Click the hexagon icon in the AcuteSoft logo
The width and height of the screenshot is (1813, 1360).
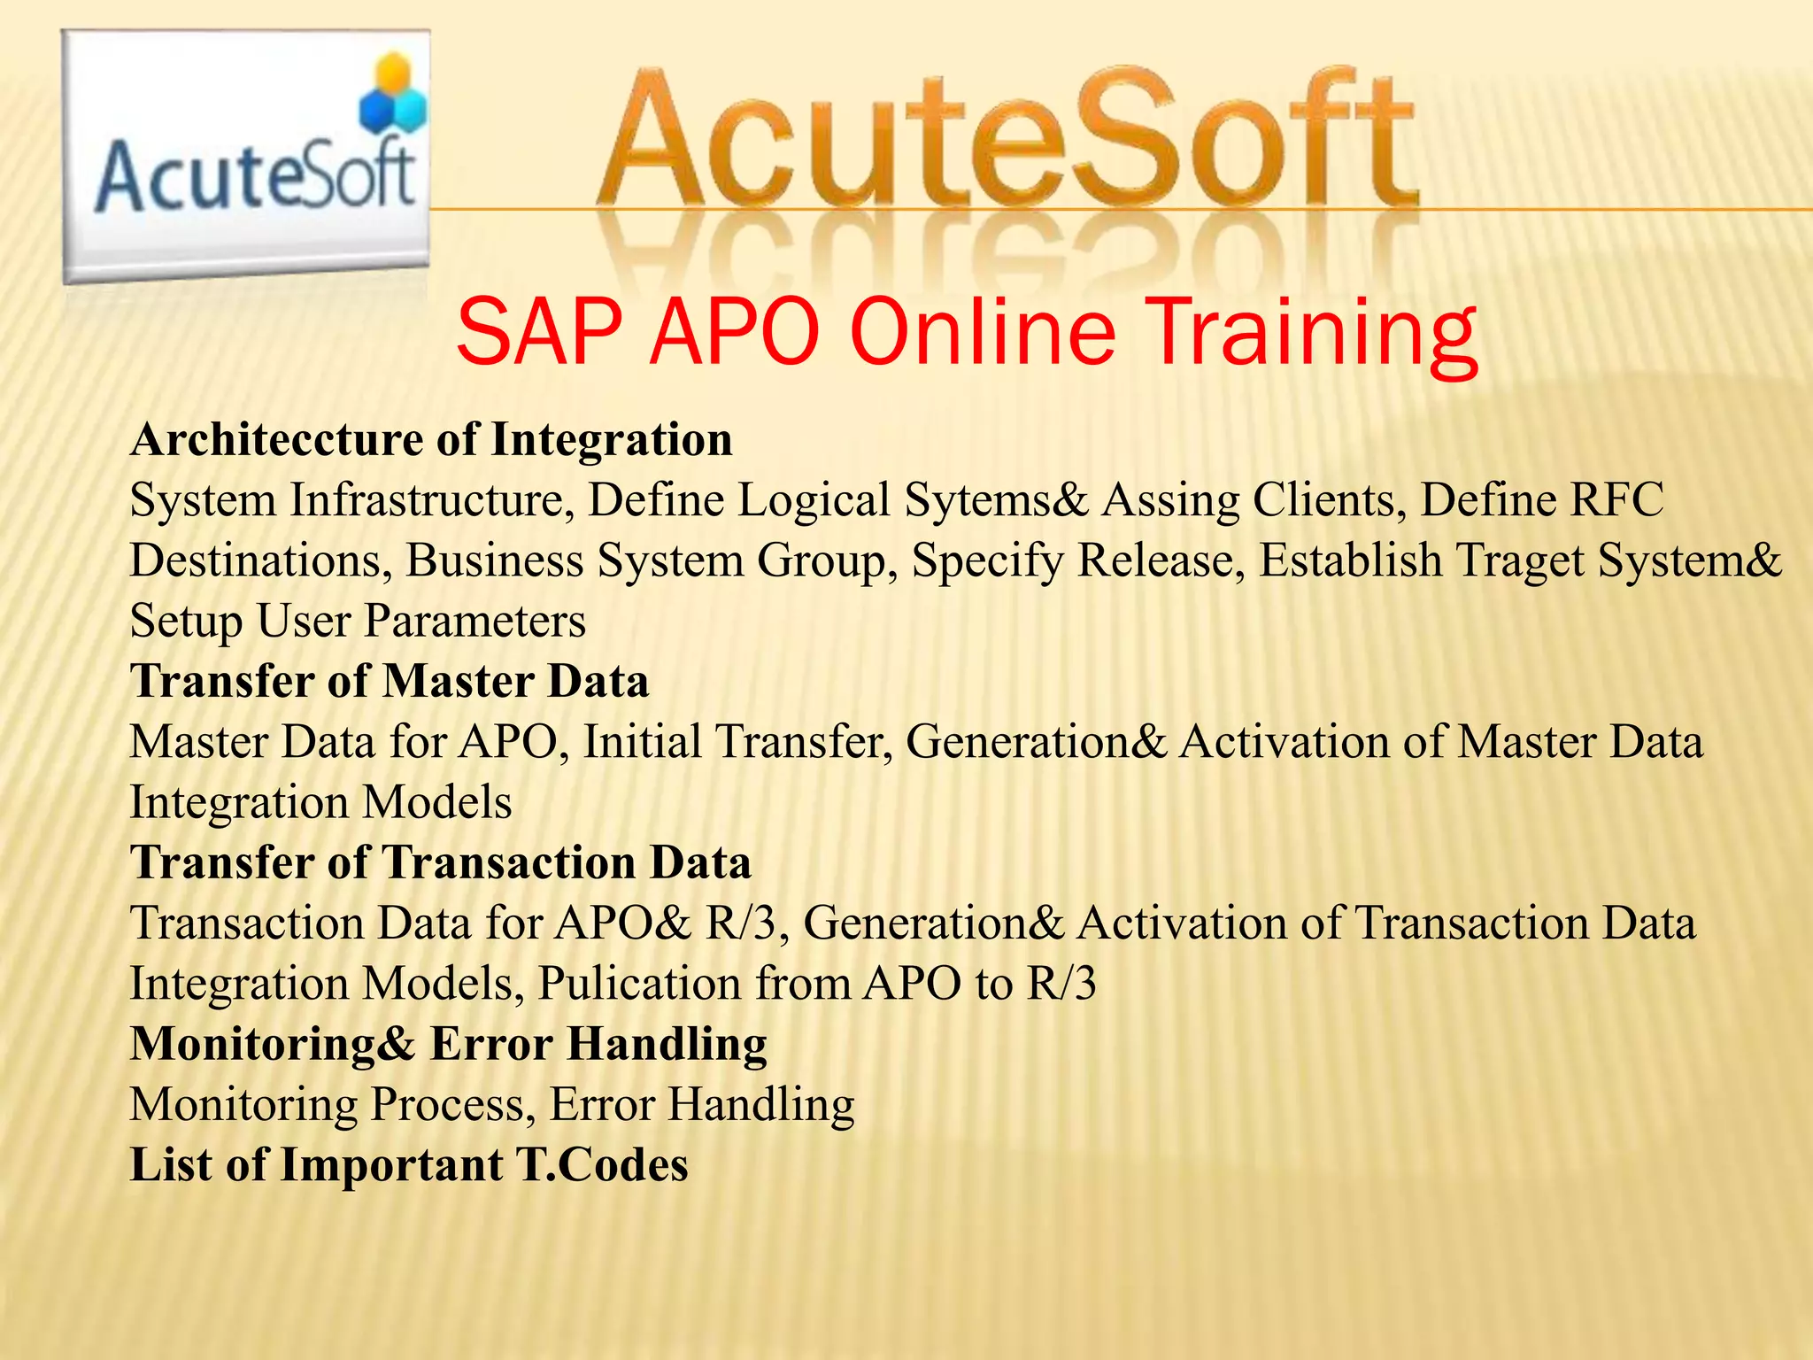(392, 97)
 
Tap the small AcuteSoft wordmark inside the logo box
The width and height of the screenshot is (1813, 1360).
(255, 177)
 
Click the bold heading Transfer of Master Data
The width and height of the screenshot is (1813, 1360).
(390, 682)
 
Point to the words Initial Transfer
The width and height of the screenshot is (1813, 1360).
(737, 742)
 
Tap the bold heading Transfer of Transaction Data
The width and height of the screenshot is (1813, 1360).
(441, 862)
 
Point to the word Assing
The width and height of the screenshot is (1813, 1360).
(1169, 501)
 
